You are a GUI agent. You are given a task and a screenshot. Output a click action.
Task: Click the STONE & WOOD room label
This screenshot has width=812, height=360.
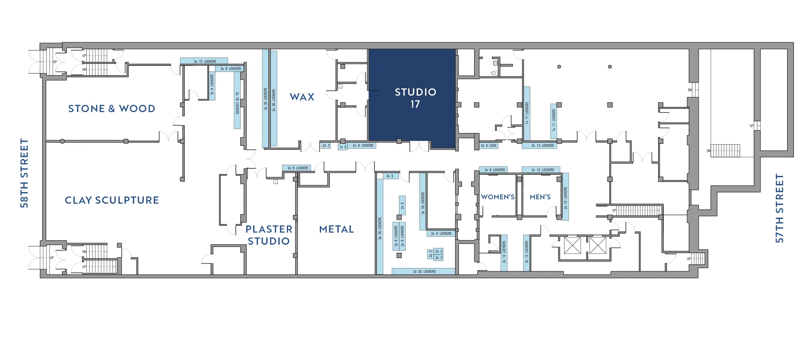tap(111, 108)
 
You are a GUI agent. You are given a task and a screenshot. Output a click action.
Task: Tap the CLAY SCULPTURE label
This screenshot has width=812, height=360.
tap(112, 200)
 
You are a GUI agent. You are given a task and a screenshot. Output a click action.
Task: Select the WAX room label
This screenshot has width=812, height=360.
tap(302, 97)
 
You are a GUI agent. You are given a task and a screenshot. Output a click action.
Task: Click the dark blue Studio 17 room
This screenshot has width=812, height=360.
tap(412, 98)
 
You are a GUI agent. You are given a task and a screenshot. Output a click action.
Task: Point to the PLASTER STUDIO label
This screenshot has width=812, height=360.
tap(269, 235)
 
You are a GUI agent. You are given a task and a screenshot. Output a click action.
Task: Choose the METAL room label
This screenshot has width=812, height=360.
tap(336, 229)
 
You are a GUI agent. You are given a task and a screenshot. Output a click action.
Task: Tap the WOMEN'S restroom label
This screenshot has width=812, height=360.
tap(497, 197)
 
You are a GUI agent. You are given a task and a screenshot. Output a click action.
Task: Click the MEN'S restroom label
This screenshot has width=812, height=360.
tap(540, 197)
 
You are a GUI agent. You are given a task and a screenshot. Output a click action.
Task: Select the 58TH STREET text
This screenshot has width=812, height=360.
tap(25, 173)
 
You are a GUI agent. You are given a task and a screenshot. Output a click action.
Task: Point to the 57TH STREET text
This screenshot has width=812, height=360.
tap(779, 208)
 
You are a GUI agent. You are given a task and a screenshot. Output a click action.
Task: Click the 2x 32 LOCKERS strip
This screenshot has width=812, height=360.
tap(265, 98)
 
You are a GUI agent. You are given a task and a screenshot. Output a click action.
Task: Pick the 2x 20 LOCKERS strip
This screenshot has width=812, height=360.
tap(424, 272)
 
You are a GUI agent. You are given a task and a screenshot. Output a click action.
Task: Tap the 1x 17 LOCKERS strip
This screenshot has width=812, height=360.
tap(527, 113)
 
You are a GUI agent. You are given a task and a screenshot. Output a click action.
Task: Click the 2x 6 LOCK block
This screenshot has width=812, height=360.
tap(489, 145)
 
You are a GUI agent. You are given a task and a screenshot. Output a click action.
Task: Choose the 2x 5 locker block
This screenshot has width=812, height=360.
tap(389, 176)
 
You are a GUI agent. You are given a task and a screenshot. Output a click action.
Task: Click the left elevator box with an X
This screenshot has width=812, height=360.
tap(572, 245)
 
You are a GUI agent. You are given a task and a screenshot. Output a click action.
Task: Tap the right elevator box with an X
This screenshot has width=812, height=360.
tap(597, 245)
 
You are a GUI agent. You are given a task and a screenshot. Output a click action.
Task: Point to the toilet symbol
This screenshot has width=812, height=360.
tap(495, 73)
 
